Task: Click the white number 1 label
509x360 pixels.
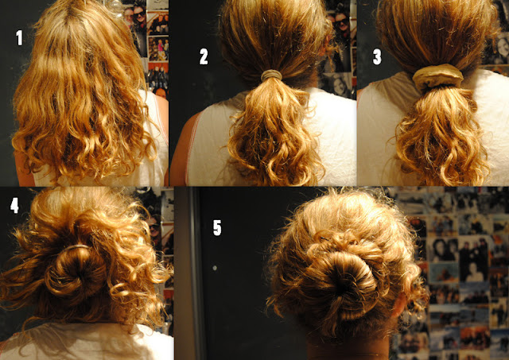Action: pyautogui.click(x=19, y=37)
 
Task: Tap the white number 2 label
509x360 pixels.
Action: pyautogui.click(x=204, y=57)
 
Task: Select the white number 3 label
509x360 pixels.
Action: pyautogui.click(x=377, y=57)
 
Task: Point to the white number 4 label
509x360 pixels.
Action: pyautogui.click(x=14, y=205)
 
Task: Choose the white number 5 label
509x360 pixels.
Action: pyautogui.click(x=217, y=227)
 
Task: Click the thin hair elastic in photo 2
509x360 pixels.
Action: pyautogui.click(x=272, y=75)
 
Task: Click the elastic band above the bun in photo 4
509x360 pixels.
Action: pyautogui.click(x=76, y=247)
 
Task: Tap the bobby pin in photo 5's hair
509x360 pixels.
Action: pyautogui.click(x=324, y=239)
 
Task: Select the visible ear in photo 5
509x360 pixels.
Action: pyautogui.click(x=398, y=305)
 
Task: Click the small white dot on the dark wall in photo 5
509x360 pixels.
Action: pyautogui.click(x=215, y=269)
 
